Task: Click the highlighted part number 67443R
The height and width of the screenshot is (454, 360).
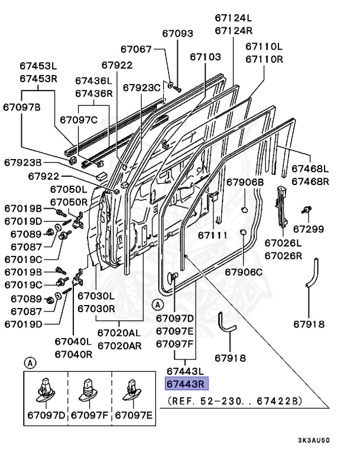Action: click(185, 384)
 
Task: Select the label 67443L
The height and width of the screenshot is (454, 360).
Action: click(185, 371)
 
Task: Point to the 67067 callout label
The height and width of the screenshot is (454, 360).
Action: click(137, 49)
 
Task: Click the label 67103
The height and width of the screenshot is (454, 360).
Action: click(205, 57)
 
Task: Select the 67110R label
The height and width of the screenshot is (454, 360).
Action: click(264, 59)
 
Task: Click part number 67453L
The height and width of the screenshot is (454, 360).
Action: click(38, 67)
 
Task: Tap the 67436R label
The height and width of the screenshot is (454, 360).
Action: click(93, 93)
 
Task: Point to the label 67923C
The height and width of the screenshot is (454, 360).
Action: click(142, 87)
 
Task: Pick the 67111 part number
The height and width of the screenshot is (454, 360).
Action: click(212, 235)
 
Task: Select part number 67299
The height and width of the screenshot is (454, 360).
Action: click(309, 228)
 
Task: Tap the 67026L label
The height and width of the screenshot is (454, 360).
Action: click(283, 243)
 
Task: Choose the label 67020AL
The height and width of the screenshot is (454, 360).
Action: click(119, 333)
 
